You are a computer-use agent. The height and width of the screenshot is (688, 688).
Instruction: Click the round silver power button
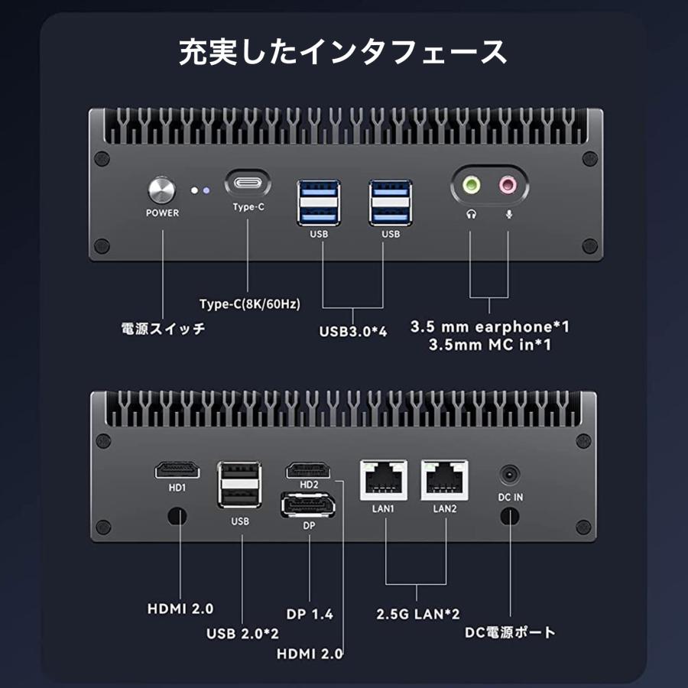[x=162, y=189]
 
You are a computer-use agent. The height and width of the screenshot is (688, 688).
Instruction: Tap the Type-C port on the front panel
[x=248, y=184]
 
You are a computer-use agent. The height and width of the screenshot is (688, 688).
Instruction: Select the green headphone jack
[x=471, y=184]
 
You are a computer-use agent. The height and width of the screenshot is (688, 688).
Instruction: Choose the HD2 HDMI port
[x=309, y=470]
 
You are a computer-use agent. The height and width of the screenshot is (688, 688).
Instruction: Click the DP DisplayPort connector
[x=309, y=506]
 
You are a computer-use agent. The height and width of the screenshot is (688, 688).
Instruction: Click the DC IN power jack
[x=510, y=475]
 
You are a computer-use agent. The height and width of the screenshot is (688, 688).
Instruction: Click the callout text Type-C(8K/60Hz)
[x=249, y=303]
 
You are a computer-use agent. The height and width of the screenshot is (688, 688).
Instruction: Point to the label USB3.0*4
[x=352, y=332]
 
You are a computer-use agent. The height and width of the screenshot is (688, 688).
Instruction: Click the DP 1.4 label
[x=310, y=614]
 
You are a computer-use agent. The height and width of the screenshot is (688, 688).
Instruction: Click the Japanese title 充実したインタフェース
[x=343, y=52]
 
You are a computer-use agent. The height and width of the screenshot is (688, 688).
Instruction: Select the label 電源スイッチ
[x=163, y=329]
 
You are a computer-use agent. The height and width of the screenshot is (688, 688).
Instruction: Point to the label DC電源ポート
[x=510, y=632]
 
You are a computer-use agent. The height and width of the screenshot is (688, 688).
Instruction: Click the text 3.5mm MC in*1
[x=490, y=346]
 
